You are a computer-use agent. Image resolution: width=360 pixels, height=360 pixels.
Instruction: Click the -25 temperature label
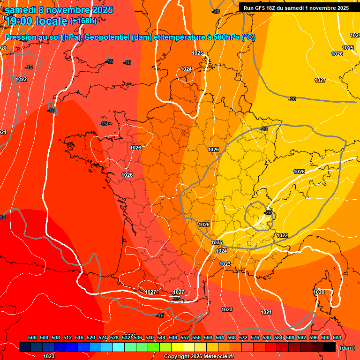[x=268, y=212]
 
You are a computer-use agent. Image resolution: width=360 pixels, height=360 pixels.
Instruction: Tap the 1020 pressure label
[x=319, y=292]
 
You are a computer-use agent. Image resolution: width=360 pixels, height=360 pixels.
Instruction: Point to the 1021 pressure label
[x=266, y=312]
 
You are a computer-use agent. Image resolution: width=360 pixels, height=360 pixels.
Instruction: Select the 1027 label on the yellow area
[x=320, y=81]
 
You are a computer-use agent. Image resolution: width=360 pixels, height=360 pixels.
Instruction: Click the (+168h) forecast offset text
[x=83, y=21]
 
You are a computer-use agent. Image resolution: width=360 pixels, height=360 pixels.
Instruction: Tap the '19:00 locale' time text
[x=37, y=21]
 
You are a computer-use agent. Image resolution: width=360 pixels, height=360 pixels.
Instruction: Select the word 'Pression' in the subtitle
[x=21, y=37]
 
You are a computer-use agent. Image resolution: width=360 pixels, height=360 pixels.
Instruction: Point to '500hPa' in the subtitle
[x=223, y=37]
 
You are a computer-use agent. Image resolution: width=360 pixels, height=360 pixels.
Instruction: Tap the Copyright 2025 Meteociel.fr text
[x=199, y=356]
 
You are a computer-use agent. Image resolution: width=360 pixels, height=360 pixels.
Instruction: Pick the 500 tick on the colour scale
[x=32, y=337]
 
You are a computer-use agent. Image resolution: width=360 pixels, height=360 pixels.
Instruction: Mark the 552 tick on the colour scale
[x=185, y=337]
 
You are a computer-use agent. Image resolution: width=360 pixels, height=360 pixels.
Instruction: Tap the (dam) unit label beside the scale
[x=347, y=348]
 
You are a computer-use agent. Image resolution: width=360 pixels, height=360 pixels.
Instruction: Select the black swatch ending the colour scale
[x=330, y=347]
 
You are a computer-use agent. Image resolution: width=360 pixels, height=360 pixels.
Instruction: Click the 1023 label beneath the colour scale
[x=49, y=356]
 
